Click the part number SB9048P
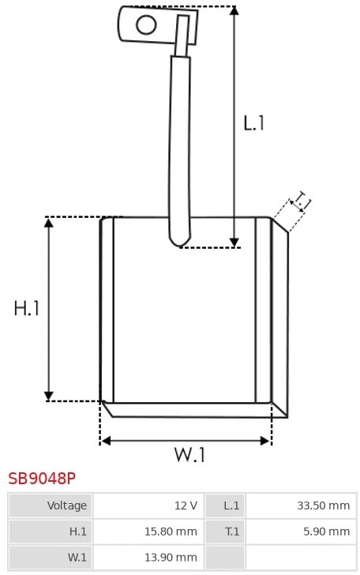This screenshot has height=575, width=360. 42,479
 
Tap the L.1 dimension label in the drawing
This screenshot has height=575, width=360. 253,123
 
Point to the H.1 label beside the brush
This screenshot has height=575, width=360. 26,308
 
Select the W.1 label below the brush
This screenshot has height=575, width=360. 189,455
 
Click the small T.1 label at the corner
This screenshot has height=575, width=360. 302,200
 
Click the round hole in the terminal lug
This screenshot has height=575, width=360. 146,25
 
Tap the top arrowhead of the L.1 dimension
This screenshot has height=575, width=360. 234,10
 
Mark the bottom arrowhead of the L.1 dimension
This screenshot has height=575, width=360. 234,242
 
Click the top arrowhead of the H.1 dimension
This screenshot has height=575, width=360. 49,222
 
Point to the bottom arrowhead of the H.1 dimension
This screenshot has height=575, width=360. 49,396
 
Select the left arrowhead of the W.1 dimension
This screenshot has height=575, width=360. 106,441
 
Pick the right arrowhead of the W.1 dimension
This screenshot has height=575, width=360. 264,441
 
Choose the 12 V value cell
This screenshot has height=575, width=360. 186,505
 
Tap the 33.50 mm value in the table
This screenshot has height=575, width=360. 324,505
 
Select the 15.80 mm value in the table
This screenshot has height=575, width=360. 171,532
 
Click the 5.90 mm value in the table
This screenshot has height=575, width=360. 327,532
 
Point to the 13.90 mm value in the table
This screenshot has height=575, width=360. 171,558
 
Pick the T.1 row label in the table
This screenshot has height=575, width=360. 232,532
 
